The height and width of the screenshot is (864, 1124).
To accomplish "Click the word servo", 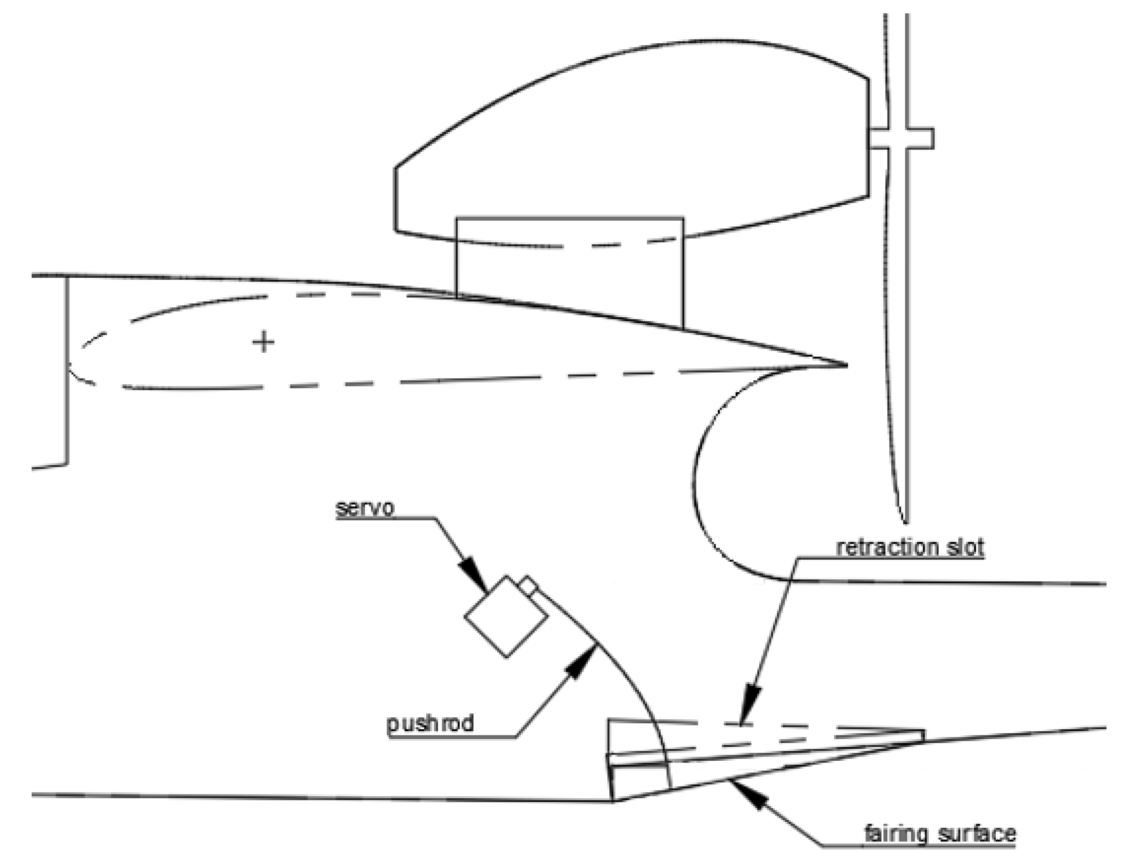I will tap(365, 508).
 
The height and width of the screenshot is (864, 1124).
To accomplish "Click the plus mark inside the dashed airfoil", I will tap(263, 341).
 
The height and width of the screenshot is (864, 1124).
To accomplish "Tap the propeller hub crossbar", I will tap(901, 139).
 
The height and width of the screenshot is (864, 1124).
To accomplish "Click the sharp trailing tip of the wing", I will tap(844, 365).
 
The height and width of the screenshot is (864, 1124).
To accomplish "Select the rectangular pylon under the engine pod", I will tap(569, 273).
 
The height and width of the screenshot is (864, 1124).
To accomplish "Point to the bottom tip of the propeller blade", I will tap(905, 520).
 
